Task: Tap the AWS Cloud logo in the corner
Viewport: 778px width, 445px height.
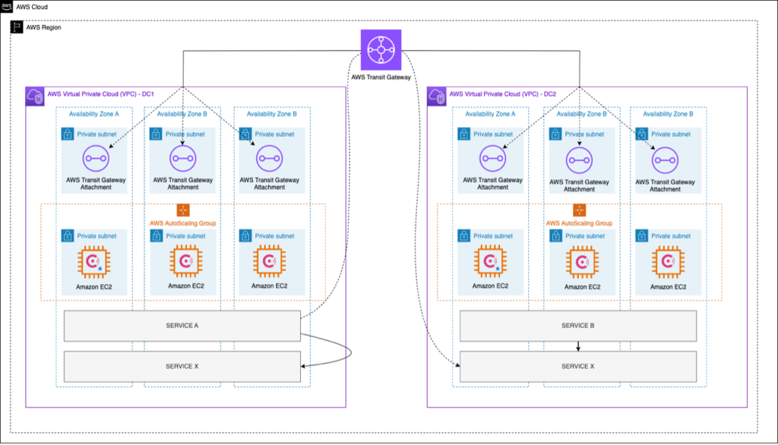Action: [x=8, y=6]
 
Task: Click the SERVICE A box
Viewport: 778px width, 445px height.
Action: [x=182, y=326]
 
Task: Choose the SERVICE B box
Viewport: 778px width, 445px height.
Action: [x=578, y=326]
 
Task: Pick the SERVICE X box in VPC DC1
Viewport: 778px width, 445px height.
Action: [x=182, y=367]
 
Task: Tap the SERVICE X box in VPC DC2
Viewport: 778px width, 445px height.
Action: [x=578, y=367]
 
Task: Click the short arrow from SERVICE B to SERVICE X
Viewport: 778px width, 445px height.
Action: [x=578, y=346]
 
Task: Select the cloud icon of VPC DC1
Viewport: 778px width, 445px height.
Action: [x=35, y=95]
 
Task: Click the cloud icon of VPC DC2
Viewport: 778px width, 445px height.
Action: [x=437, y=95]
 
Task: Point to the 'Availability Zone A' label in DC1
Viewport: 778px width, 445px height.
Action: [x=94, y=114]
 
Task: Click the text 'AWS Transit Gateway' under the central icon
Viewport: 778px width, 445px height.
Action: [x=381, y=77]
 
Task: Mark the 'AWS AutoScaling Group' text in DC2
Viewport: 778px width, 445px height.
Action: [x=579, y=223]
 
